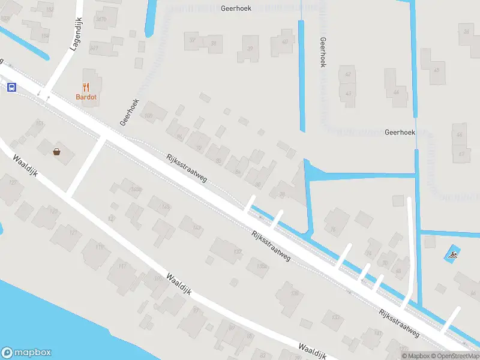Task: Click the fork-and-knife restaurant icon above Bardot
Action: tap(86, 87)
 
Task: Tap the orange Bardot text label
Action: tap(86, 97)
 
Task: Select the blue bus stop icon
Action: tap(11, 87)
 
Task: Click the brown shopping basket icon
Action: tap(57, 152)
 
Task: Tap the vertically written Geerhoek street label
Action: tap(323, 52)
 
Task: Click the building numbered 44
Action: tap(396, 92)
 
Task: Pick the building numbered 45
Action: tap(436, 71)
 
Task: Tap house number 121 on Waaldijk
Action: tap(73, 232)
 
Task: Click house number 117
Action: tap(122, 266)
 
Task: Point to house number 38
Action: tap(214, 42)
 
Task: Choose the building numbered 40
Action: tap(284, 41)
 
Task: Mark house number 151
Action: tap(40, 124)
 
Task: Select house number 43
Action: tap(349, 94)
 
